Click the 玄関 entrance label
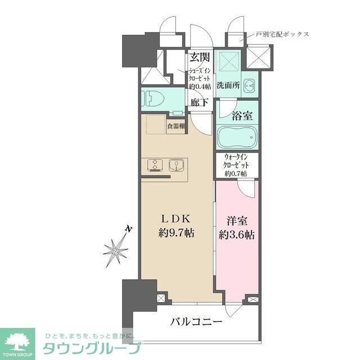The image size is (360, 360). pyautogui.click(x=200, y=57)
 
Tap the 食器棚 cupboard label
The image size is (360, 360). pyautogui.click(x=177, y=126)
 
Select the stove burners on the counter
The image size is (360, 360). pyautogui.click(x=154, y=165)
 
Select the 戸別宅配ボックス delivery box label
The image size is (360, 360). pyautogui.click(x=282, y=34)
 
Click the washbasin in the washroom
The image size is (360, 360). pyautogui.click(x=250, y=85)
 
